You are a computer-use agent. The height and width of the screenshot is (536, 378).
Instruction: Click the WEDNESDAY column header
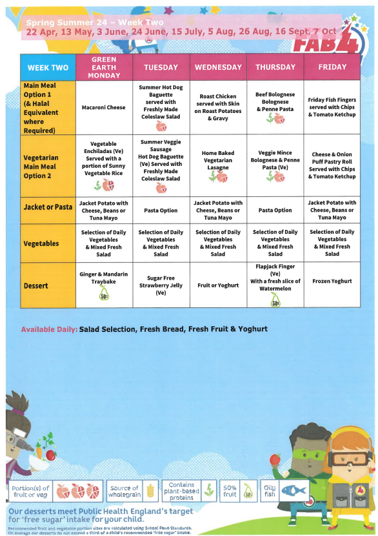[x=218, y=67]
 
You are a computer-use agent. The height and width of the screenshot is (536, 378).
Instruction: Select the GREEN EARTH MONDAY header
[x=103, y=67]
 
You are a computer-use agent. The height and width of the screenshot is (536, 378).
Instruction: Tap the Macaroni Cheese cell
[x=103, y=108]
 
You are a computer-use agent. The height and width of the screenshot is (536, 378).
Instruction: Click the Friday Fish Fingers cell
[x=332, y=107]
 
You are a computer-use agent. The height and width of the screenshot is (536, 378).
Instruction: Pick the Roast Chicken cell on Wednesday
[x=218, y=107]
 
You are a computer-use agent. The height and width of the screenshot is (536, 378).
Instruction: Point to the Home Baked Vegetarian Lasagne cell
[x=218, y=162]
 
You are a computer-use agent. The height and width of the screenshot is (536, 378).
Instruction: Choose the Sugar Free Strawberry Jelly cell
[x=161, y=285]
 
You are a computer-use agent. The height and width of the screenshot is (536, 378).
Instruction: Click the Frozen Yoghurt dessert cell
[x=332, y=282]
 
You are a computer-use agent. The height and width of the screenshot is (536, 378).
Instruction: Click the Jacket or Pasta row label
[x=48, y=210]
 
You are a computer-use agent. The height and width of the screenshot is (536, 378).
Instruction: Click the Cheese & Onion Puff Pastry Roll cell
[x=332, y=165]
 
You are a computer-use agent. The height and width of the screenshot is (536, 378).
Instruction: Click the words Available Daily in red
[x=48, y=329]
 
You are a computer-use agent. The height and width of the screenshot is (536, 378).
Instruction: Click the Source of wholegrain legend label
[x=124, y=491]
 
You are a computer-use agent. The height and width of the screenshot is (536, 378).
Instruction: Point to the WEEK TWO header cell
[x=48, y=67]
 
